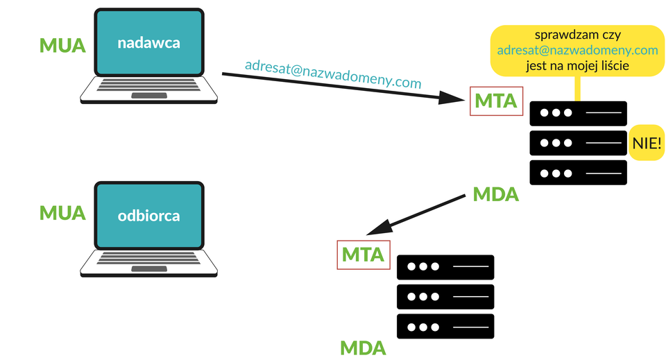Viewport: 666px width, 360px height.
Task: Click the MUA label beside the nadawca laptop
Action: pos(62,45)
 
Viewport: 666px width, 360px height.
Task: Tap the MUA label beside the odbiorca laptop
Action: pos(62,213)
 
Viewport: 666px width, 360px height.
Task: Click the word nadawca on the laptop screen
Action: pos(148,43)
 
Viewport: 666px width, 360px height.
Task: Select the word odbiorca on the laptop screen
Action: pos(148,216)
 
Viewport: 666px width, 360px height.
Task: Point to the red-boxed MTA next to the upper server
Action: pos(496,101)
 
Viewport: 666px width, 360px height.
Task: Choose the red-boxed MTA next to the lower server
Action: pos(363,255)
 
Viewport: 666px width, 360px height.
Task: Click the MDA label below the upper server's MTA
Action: pos(495,194)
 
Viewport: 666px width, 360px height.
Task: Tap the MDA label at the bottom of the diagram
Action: pos(363,348)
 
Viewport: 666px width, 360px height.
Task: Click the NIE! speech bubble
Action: pos(647,143)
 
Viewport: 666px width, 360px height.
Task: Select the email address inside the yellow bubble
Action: pos(578,50)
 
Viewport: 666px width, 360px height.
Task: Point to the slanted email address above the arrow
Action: pos(333,74)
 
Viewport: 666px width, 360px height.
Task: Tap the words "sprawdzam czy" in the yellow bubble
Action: pos(578,35)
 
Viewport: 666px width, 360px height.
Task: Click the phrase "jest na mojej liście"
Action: pos(578,66)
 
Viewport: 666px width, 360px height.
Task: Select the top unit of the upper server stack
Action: pos(578,113)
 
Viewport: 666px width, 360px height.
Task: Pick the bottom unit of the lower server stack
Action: pos(445,327)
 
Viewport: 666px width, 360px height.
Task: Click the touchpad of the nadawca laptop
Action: pos(149,96)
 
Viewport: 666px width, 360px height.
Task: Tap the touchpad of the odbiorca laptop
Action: pos(149,268)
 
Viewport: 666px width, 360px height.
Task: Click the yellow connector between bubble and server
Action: pos(577,89)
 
